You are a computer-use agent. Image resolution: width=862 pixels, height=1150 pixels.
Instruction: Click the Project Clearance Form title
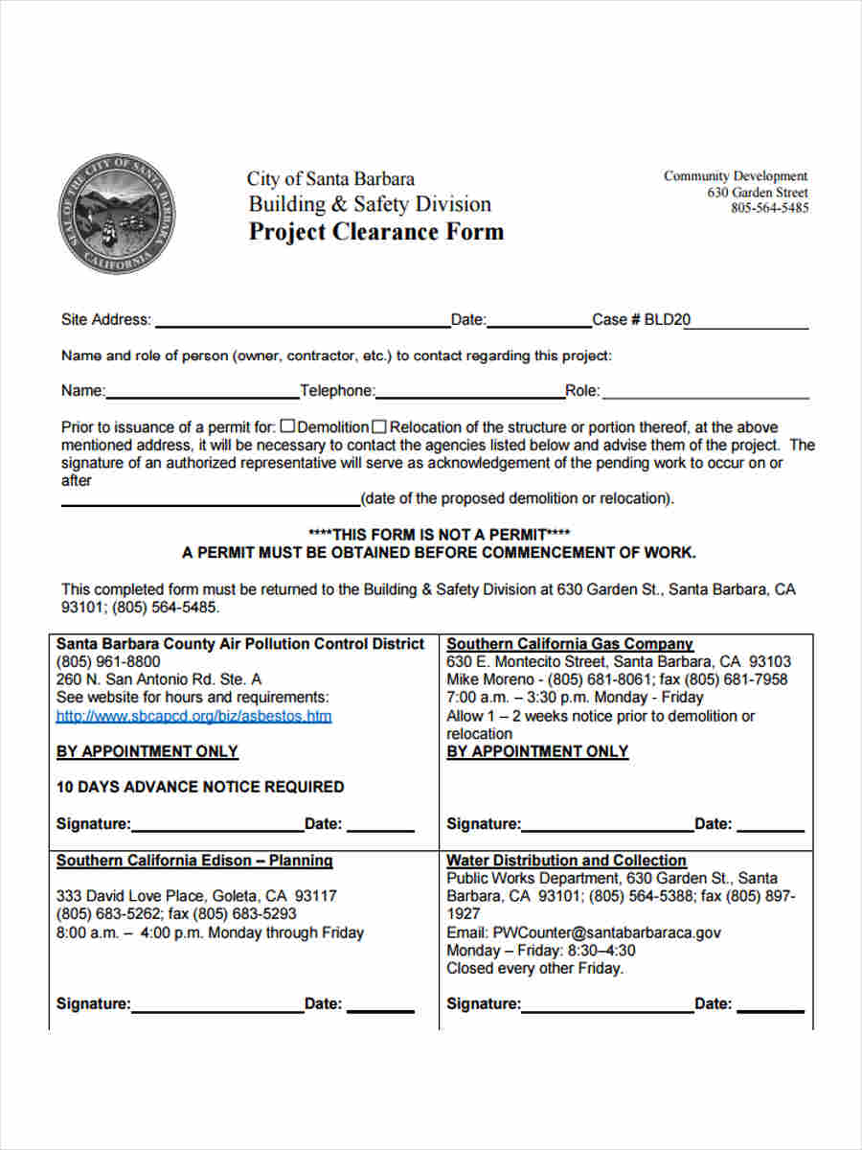point(375,232)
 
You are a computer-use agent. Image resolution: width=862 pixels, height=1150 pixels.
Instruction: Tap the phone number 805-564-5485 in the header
point(769,208)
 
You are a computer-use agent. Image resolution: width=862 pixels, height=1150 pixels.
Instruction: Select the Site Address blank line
point(302,321)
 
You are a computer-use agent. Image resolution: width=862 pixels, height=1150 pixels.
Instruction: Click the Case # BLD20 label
point(641,320)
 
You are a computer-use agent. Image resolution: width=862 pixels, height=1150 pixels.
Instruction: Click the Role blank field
point(705,391)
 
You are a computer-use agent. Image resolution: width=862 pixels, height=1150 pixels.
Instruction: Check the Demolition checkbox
point(289,426)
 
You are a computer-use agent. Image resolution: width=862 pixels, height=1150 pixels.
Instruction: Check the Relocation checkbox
point(379,426)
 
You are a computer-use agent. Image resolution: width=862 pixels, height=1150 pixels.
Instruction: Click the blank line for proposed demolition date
point(210,499)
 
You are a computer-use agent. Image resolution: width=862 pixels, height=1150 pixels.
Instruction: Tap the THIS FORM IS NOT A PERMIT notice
point(439,534)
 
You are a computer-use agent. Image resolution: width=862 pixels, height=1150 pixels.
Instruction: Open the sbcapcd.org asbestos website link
point(193,716)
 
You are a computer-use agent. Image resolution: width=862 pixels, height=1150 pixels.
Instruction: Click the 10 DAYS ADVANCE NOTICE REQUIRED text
point(200,787)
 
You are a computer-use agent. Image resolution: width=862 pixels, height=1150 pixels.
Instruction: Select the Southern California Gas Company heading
point(570,644)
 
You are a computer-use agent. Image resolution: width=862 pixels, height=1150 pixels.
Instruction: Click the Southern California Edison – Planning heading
point(194,861)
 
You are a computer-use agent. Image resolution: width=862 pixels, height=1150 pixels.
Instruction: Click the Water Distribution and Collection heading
point(566,861)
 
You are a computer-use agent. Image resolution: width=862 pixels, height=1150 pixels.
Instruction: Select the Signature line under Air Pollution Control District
point(217,826)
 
